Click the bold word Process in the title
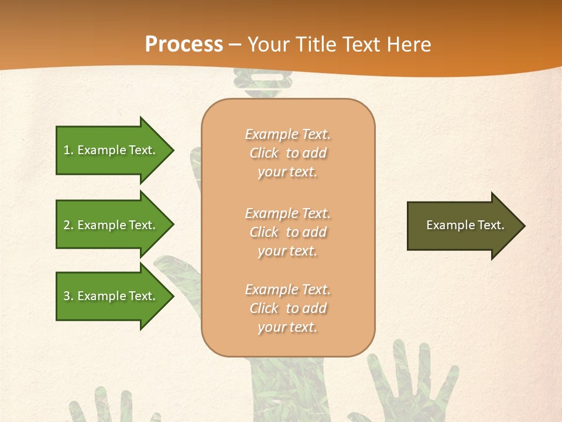click(184, 44)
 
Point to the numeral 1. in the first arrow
click(68, 150)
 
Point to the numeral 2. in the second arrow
click(68, 225)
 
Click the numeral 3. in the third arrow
click(68, 296)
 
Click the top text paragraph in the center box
click(287, 153)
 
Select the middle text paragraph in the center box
click(287, 232)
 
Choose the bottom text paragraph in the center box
click(287, 308)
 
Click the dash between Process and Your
click(235, 45)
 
